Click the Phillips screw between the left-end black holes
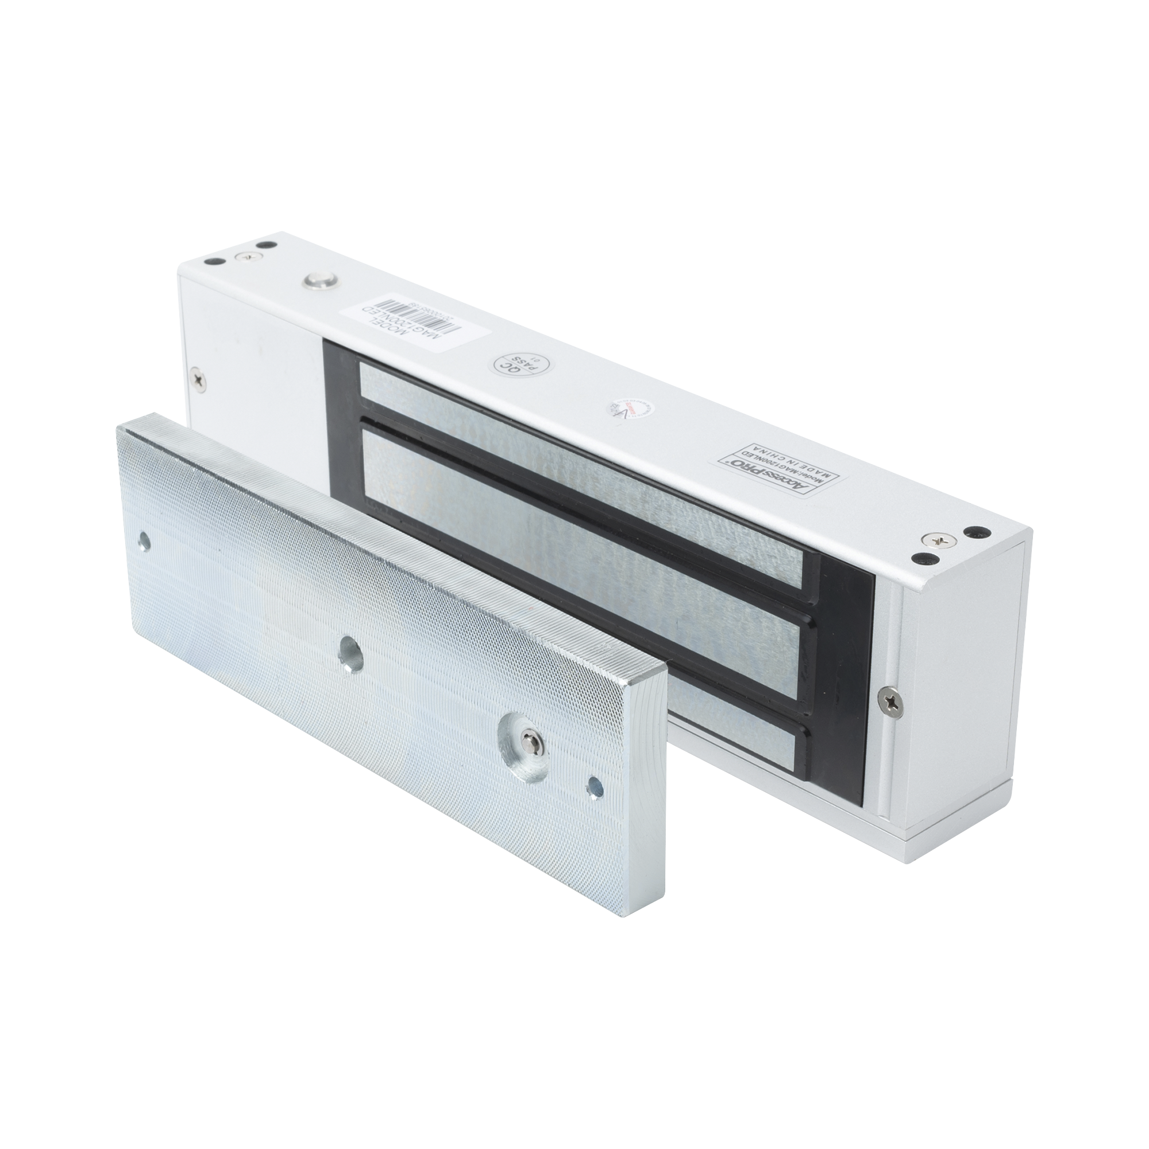point(245,256)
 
